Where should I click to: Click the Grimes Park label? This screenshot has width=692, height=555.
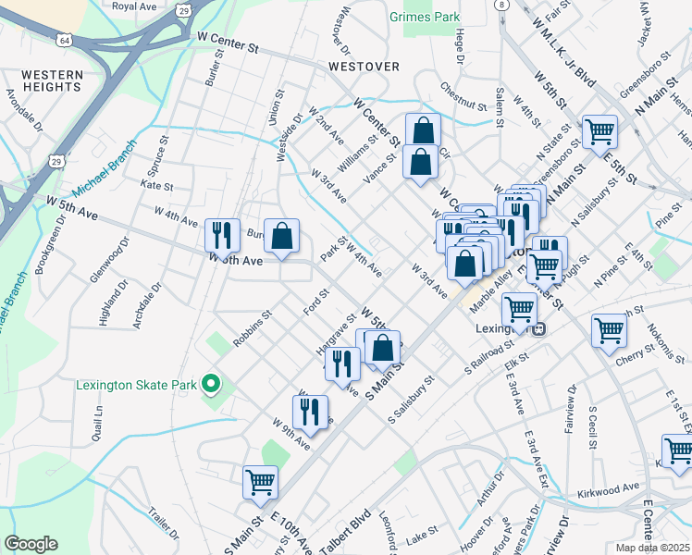(x=425, y=17)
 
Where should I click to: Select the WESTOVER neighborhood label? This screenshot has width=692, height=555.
(x=363, y=67)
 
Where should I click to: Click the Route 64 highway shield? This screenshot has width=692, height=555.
(x=63, y=42)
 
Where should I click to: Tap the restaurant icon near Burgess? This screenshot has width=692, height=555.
(x=220, y=235)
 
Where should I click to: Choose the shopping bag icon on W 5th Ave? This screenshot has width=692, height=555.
(x=282, y=235)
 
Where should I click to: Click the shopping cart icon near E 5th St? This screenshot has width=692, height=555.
(x=599, y=132)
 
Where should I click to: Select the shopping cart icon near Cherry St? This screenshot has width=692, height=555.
(x=610, y=330)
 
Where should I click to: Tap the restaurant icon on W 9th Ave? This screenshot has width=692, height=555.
(x=310, y=411)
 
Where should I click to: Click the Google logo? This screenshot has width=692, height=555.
(x=31, y=544)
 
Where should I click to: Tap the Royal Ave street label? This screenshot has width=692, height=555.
(x=134, y=6)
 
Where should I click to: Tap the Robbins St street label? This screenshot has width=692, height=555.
(x=252, y=329)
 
